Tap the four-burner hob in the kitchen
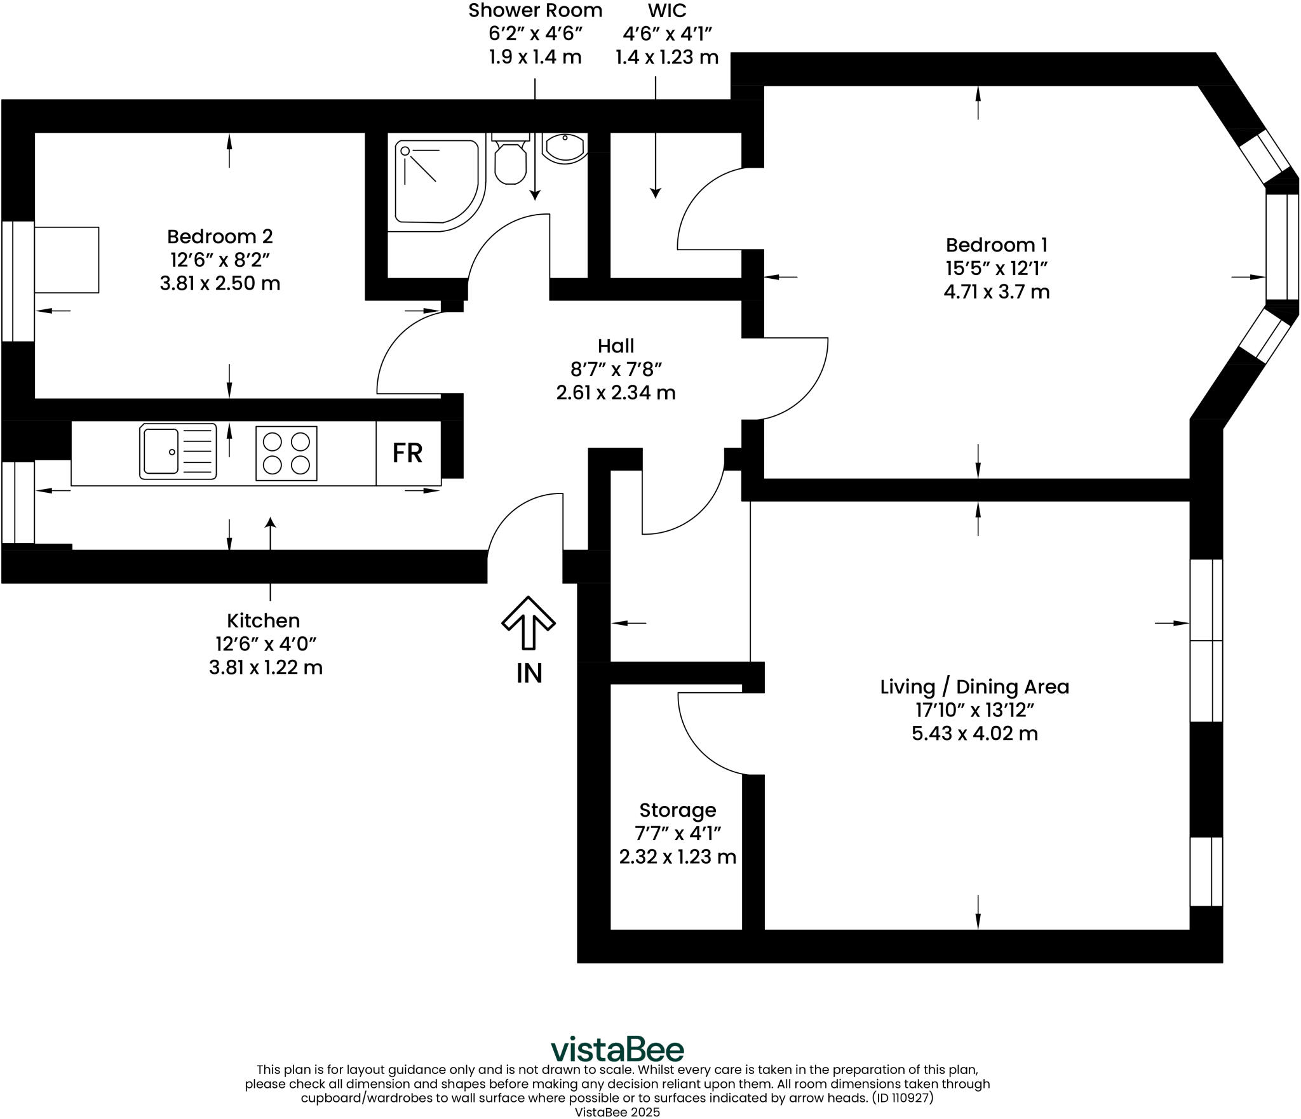pyautogui.click(x=286, y=453)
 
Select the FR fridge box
pyautogui.click(x=408, y=453)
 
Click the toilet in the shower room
pyautogui.click(x=510, y=162)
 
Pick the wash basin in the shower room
pyautogui.click(x=564, y=149)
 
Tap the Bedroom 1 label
pyautogui.click(x=996, y=245)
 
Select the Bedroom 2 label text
pyautogui.click(x=220, y=236)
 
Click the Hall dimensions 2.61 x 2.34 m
pyautogui.click(x=616, y=393)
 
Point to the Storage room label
pyautogui.click(x=677, y=810)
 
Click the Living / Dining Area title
pyautogui.click(x=974, y=687)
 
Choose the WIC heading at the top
pyautogui.click(x=667, y=11)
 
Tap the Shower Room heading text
pyautogui.click(x=535, y=11)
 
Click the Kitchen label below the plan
pyautogui.click(x=263, y=620)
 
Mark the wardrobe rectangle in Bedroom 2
pyautogui.click(x=67, y=260)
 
